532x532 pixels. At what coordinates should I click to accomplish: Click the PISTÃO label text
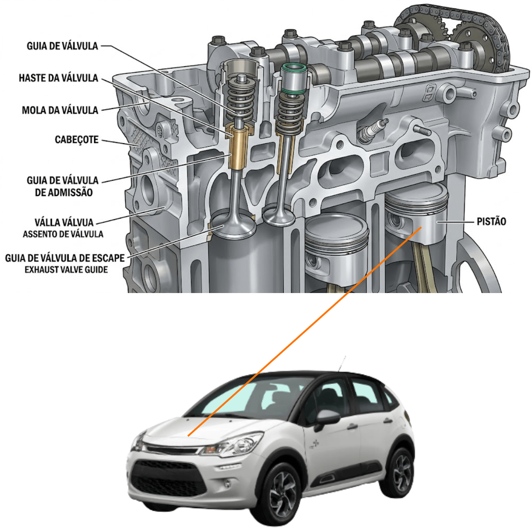(x=491, y=221)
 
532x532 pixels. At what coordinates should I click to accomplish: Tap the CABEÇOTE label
(x=76, y=140)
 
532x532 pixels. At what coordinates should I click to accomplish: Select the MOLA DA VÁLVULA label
(x=60, y=110)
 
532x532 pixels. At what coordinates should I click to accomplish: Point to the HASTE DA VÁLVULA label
(x=59, y=78)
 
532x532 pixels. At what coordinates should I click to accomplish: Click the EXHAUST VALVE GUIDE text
(x=66, y=270)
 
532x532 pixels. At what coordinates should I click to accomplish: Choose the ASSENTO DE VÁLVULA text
(x=63, y=234)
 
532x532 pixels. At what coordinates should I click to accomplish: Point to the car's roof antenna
(x=341, y=364)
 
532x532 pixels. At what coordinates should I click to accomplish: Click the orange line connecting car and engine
(x=305, y=332)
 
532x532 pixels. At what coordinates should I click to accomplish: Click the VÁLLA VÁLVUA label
(x=64, y=222)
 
